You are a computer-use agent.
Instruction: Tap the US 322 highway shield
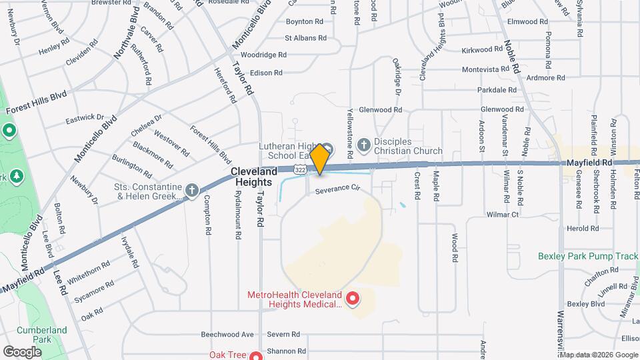click(x=302, y=171)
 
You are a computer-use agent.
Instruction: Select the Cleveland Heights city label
click(x=254, y=177)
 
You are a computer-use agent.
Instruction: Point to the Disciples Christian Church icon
click(x=364, y=144)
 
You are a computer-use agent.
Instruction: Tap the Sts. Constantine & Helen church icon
click(x=192, y=191)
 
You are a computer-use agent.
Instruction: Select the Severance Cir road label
click(x=337, y=190)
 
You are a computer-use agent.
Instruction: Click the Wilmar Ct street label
click(x=503, y=215)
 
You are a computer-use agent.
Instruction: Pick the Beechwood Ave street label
click(x=228, y=334)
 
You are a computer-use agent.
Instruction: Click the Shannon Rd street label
click(x=285, y=351)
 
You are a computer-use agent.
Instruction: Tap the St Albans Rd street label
click(x=303, y=38)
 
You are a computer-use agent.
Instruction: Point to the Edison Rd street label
click(x=267, y=73)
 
